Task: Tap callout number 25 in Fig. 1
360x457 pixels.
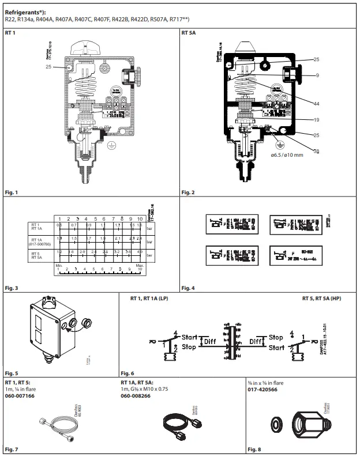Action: click(x=48, y=67)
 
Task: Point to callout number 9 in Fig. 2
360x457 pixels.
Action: click(x=317, y=75)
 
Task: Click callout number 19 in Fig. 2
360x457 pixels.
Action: click(x=317, y=120)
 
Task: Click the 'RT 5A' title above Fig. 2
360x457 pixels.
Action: click(x=189, y=33)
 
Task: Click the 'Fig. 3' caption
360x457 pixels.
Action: click(x=12, y=287)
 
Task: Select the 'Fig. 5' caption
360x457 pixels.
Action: click(x=12, y=374)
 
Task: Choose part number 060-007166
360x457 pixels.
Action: click(x=20, y=396)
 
